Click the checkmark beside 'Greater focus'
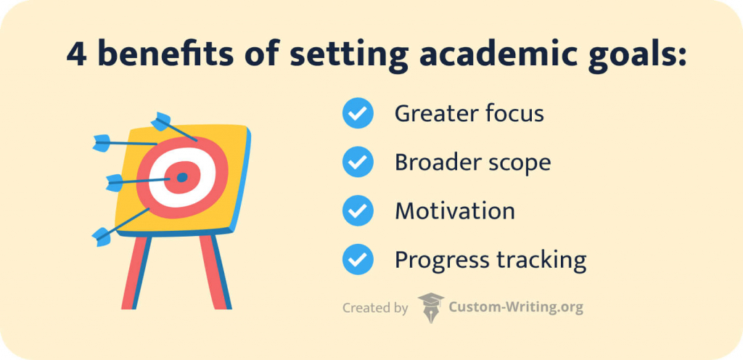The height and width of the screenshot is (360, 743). tap(357, 114)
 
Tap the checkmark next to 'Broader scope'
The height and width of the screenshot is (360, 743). tap(357, 163)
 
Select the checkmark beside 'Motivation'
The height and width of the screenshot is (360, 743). tap(357, 210)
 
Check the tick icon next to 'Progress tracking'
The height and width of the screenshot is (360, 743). tap(357, 259)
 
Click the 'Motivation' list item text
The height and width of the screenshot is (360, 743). tap(455, 210)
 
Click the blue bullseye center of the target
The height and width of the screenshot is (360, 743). tap(182, 176)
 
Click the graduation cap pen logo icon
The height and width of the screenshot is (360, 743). tap(431, 307)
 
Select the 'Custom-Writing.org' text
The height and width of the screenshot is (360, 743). tap(515, 307)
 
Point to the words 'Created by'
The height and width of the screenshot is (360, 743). tap(375, 308)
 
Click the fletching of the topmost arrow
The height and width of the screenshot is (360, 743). tap(160, 120)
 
